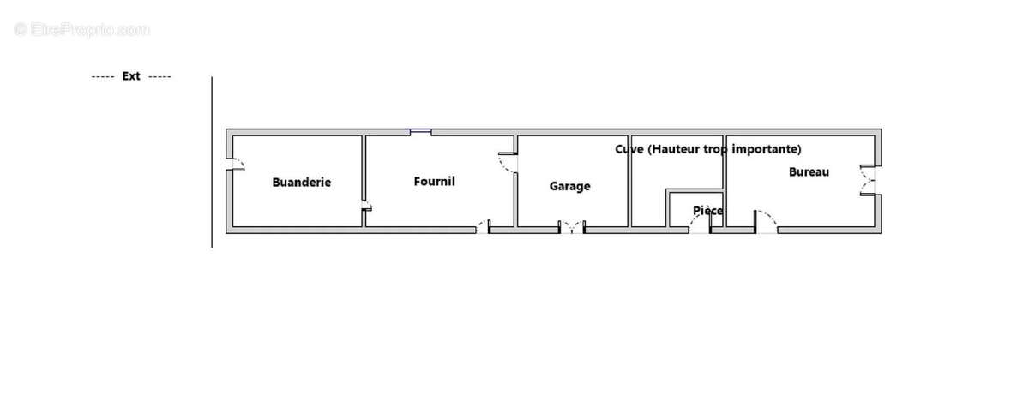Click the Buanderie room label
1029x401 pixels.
pos(302,183)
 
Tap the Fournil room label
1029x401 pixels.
pos(434,181)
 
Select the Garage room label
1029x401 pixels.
pos(570,186)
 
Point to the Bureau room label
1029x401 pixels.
pos(809,171)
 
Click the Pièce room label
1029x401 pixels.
pos(707,210)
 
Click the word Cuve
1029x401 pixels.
pos(629,149)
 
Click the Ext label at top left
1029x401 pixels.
pos(131,76)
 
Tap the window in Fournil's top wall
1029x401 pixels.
pos(420,131)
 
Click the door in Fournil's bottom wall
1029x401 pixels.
pos(484,227)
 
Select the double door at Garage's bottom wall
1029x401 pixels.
pos(571,227)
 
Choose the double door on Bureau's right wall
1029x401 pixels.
pos(870,179)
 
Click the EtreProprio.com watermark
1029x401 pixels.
pos(81,30)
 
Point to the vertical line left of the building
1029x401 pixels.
pos(212,163)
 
